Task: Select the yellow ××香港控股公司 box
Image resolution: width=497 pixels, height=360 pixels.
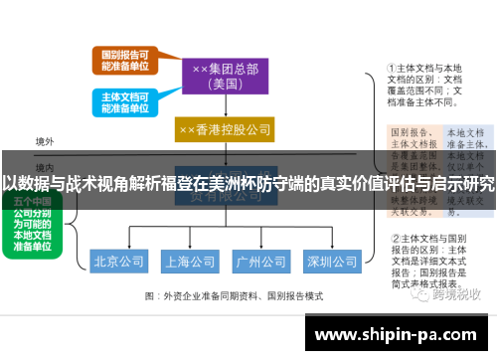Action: (225, 130)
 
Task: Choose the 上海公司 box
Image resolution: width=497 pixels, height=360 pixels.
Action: (190, 263)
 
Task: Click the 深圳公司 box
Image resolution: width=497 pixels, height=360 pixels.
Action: (331, 263)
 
